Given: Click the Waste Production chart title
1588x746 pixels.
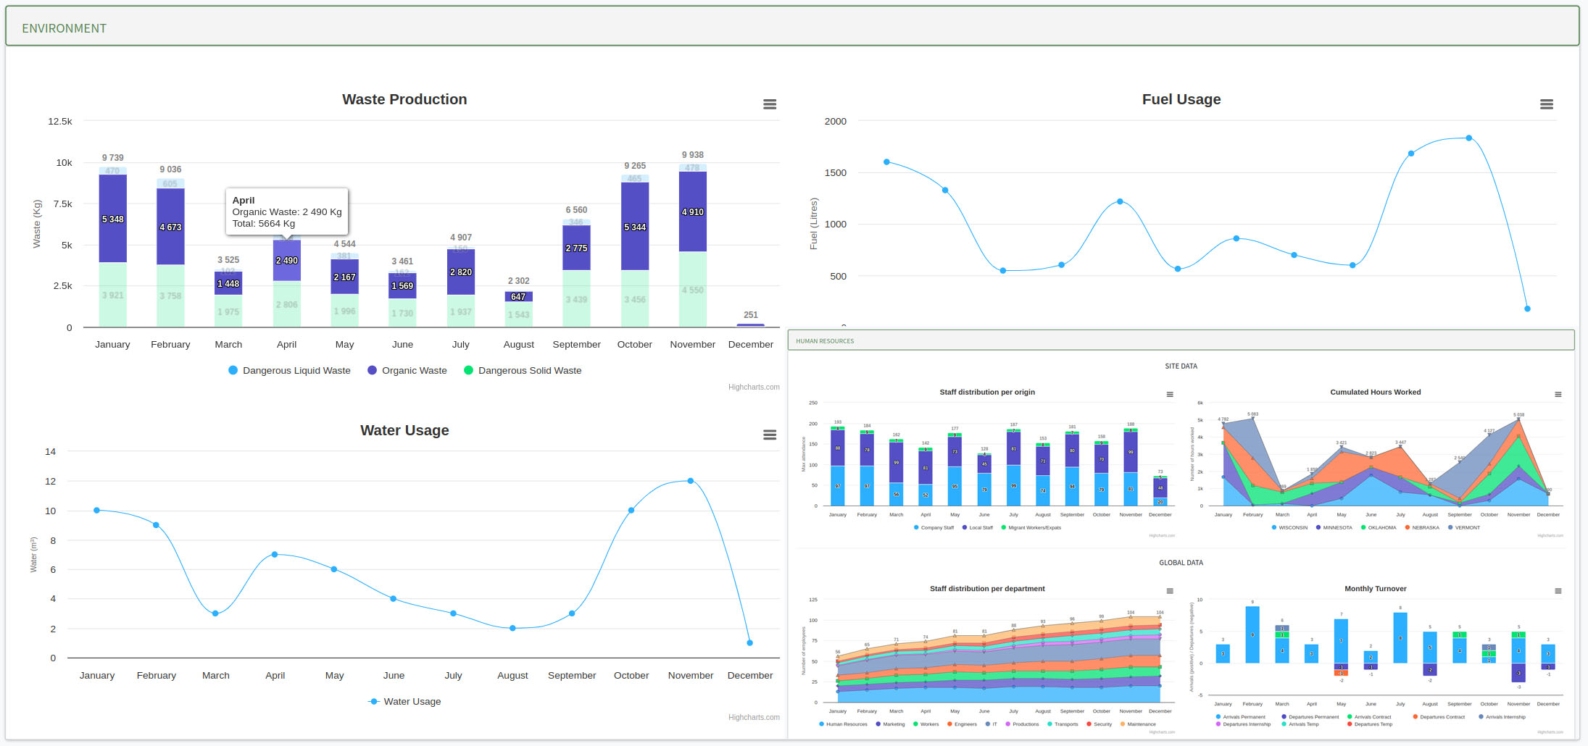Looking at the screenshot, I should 404,99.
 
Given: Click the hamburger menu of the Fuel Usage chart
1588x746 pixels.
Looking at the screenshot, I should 1546,104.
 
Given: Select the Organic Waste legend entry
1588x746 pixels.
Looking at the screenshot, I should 414,370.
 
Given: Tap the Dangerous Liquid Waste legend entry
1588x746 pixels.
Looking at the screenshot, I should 296,370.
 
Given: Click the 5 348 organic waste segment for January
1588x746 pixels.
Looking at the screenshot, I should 113,219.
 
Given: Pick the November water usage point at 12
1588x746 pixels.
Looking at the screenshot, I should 690,481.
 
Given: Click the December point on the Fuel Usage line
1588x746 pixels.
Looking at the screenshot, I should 1527,309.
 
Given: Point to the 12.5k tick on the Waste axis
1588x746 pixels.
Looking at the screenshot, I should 60,121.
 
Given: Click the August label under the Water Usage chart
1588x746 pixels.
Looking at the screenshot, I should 512,675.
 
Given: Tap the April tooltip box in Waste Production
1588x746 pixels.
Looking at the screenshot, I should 287,211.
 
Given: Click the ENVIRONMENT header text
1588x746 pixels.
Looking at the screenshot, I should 64,28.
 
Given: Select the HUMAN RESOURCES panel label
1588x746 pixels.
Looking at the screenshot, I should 825,341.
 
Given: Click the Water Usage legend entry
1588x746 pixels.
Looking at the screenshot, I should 412,701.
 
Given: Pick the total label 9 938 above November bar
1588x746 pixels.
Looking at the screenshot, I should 692,155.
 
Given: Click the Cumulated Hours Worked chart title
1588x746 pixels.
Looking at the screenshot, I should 1375,392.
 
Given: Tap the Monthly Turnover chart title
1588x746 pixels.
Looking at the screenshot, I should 1375,589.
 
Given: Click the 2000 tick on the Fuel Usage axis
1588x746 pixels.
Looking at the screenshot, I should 835,121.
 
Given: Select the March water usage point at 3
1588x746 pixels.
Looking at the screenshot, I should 215,613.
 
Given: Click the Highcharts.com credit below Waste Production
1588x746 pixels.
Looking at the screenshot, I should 754,387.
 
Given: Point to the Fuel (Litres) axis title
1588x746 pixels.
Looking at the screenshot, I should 814,224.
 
